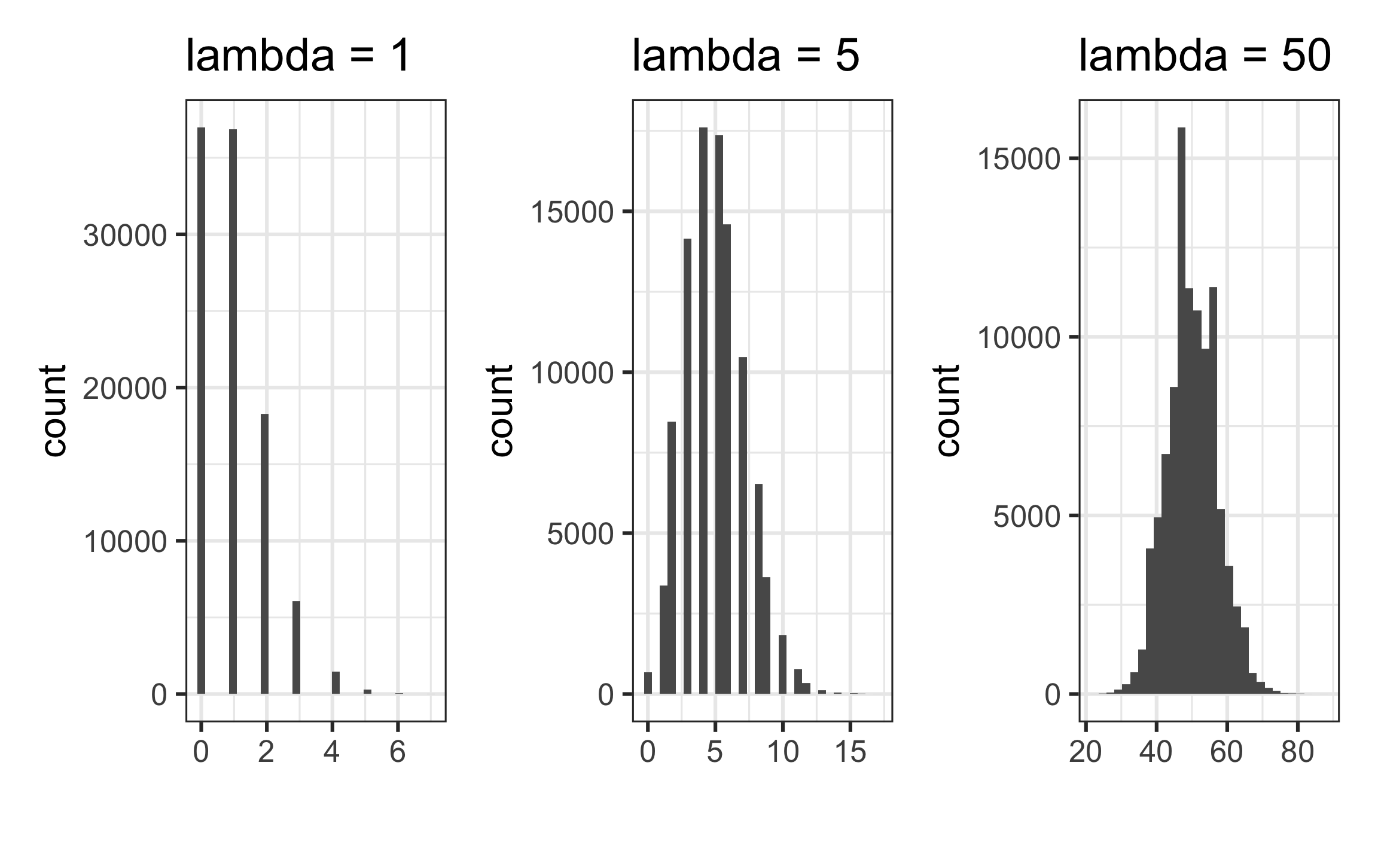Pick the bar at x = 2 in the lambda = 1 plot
264,553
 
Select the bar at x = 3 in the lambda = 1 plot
296,647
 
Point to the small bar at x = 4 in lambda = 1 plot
336,682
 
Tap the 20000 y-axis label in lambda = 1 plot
124,389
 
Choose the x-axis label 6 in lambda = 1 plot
398,752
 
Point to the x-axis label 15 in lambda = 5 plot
850,752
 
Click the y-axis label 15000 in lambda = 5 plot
572,212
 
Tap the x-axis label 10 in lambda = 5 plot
782,752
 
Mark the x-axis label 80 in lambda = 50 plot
1297,752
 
